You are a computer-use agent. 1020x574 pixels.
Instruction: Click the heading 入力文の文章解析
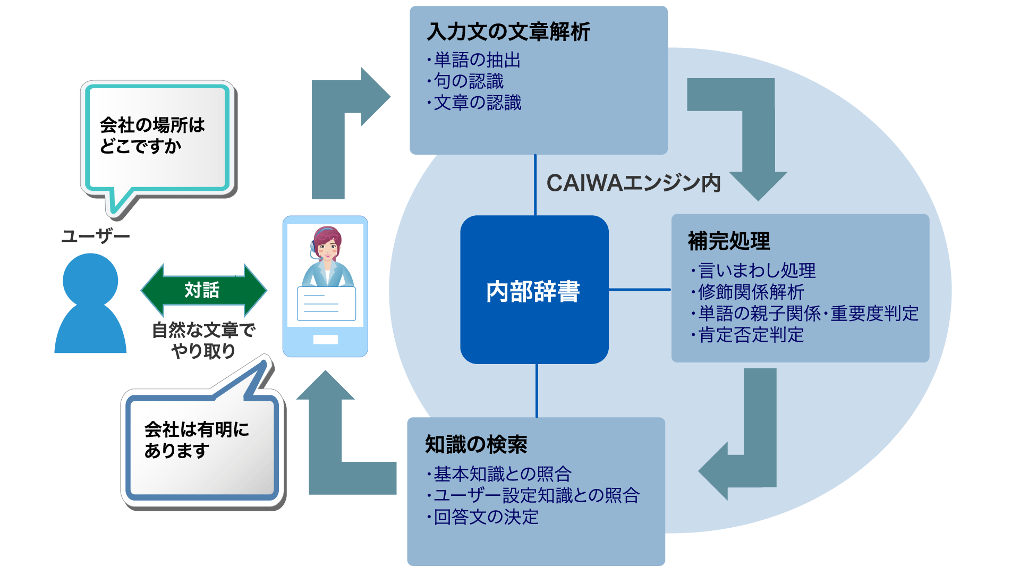coord(508,32)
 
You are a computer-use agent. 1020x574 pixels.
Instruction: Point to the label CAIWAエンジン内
coord(633,183)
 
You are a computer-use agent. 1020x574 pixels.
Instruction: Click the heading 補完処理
coord(729,241)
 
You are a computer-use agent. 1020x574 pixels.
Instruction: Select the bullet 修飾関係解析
coord(751,292)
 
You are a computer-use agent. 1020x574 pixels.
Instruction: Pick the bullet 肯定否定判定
coord(751,335)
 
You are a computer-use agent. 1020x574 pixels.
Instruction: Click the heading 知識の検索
coord(476,444)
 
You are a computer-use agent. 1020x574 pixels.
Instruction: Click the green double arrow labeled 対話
coord(203,290)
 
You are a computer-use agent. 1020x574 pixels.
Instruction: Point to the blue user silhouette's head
coord(90,280)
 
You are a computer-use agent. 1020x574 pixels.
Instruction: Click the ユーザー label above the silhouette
coord(96,236)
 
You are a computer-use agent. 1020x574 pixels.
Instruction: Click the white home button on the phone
coord(325,340)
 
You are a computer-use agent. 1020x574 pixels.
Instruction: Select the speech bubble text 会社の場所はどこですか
coord(152,136)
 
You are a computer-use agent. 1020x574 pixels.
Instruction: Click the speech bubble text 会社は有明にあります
coord(197,440)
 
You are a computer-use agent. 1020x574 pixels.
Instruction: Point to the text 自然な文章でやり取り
coord(203,340)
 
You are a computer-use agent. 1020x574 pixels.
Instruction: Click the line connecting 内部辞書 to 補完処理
coord(640,290)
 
